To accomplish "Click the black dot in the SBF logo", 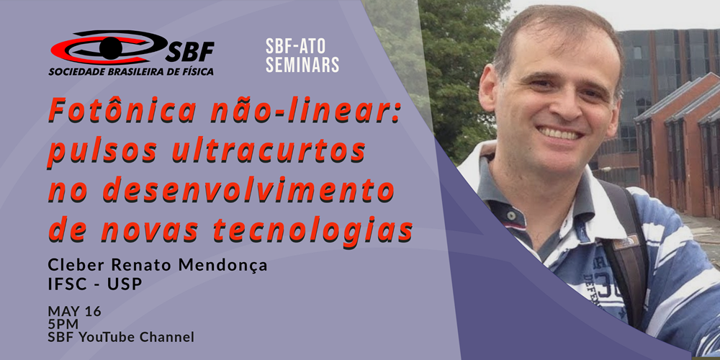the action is point(110,48).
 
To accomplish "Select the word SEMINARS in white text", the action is point(302,65).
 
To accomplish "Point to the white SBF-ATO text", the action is point(296,45).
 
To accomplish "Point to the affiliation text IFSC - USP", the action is point(95,285).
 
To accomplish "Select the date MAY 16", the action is point(74,311).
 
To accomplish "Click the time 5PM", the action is point(63,324).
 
